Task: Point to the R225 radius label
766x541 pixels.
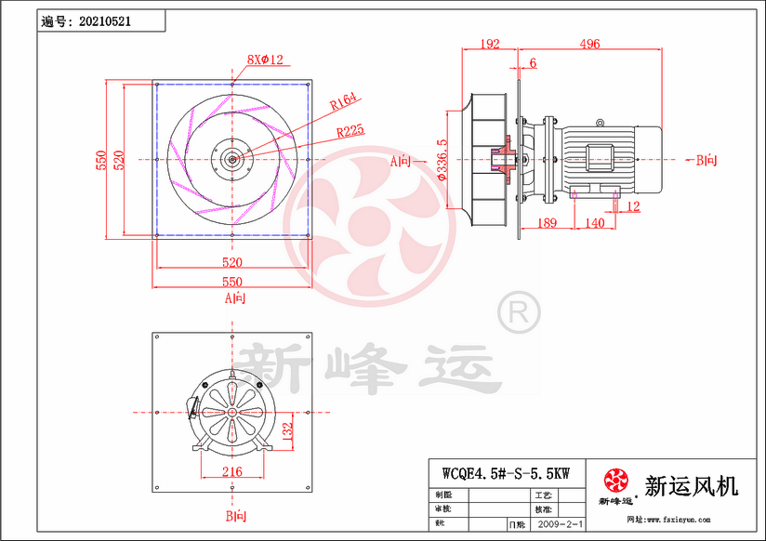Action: point(350,131)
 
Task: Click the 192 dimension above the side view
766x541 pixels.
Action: point(489,44)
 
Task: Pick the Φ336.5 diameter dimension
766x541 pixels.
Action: point(442,159)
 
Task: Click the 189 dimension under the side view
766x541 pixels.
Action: point(548,223)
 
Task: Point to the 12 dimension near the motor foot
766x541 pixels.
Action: point(634,207)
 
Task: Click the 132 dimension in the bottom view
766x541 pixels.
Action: point(288,429)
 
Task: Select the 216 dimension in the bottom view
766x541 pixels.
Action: point(231,472)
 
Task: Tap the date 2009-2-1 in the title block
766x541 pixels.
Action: point(561,524)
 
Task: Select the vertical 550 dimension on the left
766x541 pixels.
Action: point(100,160)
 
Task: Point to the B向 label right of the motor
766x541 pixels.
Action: point(706,160)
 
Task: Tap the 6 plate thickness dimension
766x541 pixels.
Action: point(533,62)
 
